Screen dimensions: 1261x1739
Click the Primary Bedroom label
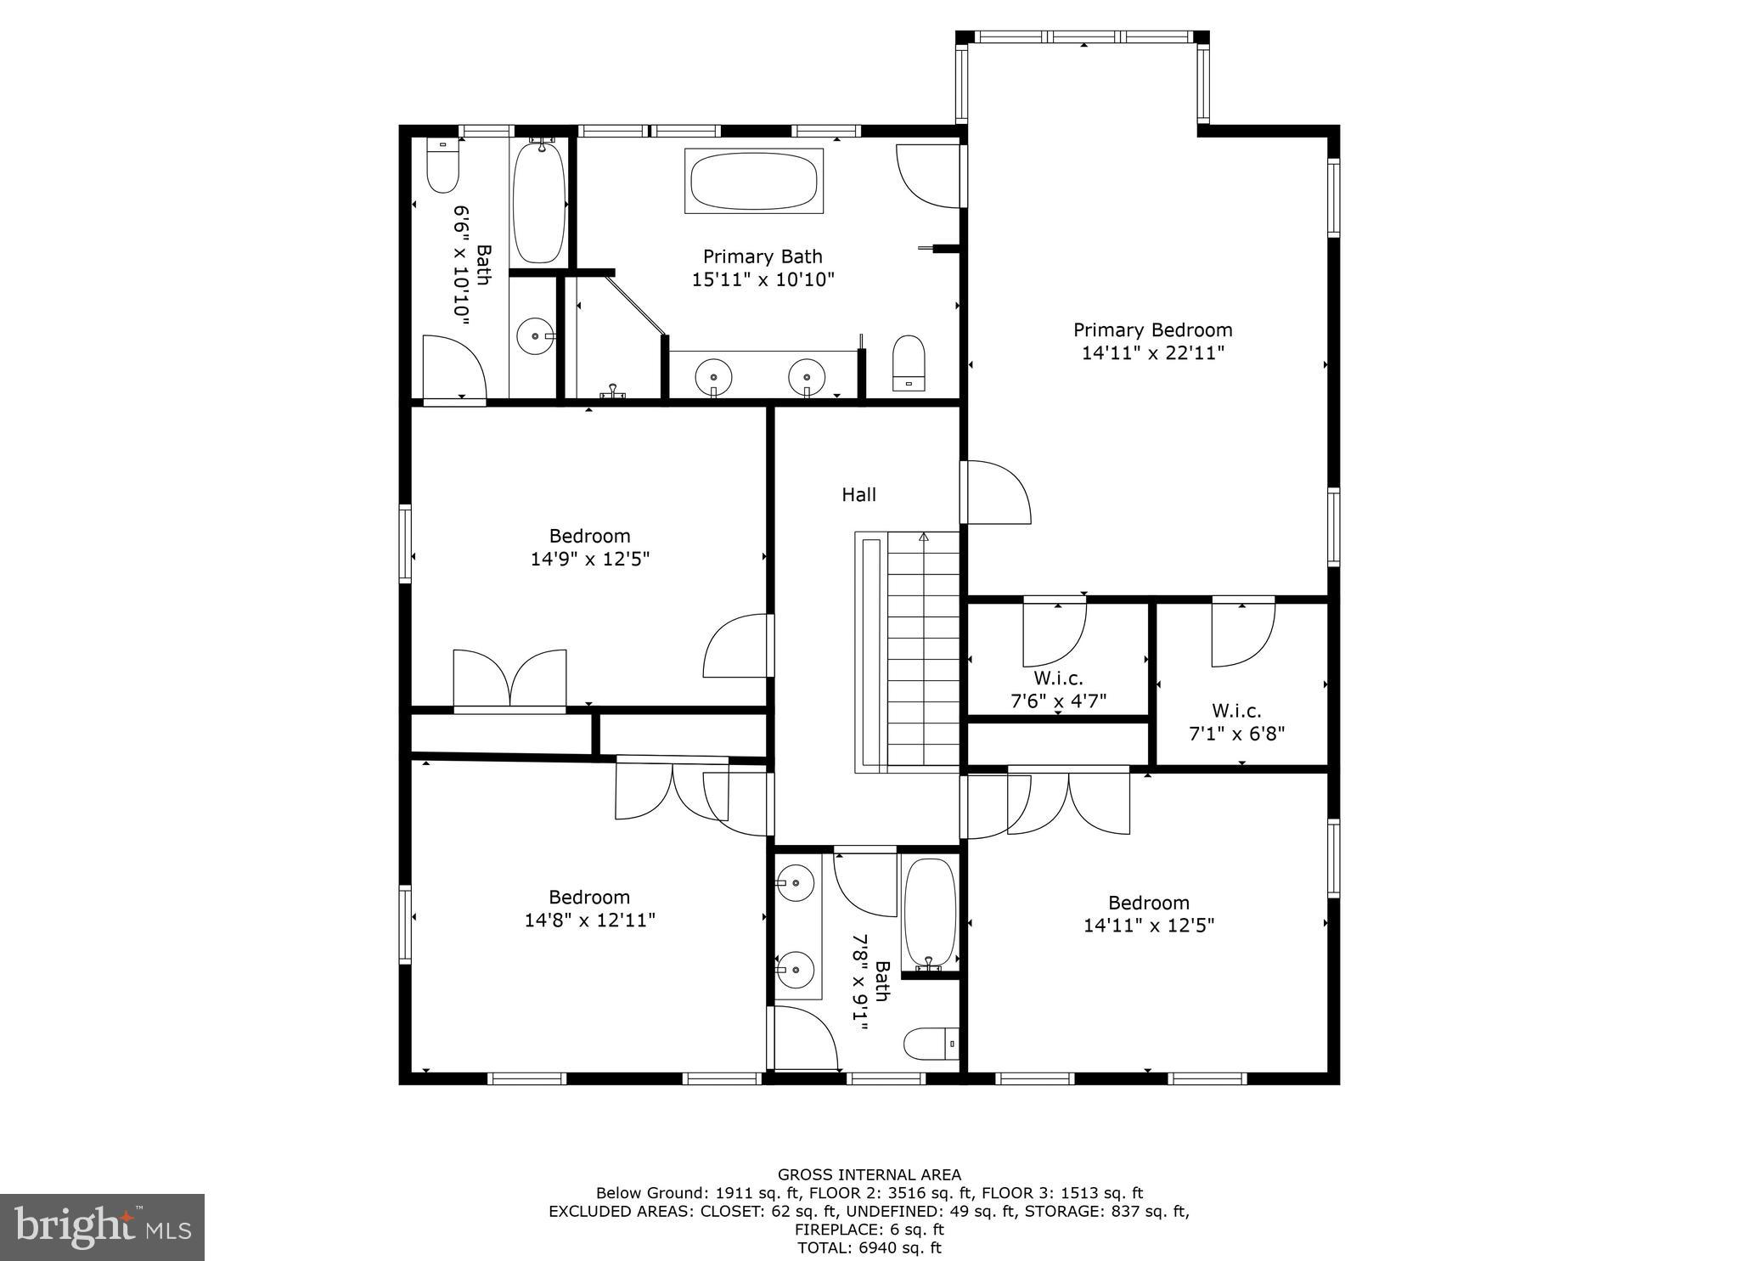coord(1152,329)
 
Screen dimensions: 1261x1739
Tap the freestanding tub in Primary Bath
coord(754,181)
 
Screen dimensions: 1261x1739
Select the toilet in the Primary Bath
coord(909,363)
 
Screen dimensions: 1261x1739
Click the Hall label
coord(858,494)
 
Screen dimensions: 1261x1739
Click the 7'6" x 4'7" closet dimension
coord(1058,701)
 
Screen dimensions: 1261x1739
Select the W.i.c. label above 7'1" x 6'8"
coord(1236,711)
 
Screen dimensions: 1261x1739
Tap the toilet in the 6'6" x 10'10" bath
coord(442,166)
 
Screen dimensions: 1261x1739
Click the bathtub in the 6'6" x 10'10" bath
coord(539,202)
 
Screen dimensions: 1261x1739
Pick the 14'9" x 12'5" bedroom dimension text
coord(590,559)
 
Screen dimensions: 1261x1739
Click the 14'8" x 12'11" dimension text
coord(590,920)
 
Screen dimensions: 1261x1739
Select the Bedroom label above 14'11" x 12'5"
coord(1148,903)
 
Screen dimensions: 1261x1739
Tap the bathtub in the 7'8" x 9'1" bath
coord(930,913)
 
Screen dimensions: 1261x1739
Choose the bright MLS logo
coord(102,1227)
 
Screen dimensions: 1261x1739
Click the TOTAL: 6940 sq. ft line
coord(869,1247)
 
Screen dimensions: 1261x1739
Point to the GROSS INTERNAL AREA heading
coord(869,1174)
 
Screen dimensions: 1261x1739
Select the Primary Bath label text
coord(763,256)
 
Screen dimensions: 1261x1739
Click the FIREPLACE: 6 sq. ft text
coord(869,1229)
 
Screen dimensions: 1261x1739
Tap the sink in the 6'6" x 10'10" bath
coord(535,336)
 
